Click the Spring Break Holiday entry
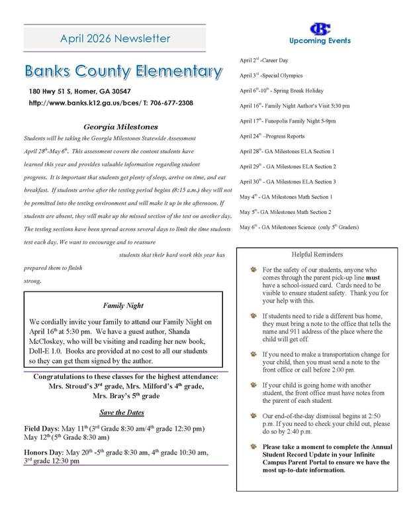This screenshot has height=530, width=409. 281,91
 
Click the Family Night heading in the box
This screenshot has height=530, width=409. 119,306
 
